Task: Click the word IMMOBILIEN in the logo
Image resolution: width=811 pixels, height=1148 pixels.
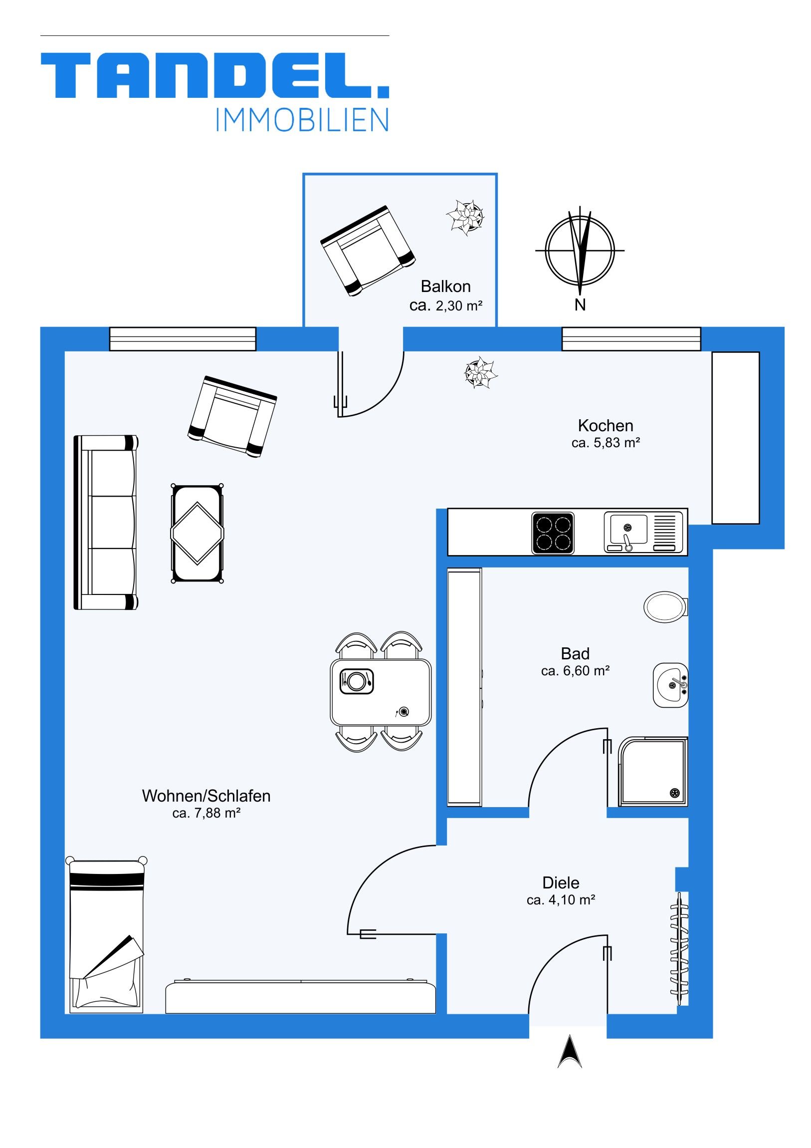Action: pyautogui.click(x=302, y=120)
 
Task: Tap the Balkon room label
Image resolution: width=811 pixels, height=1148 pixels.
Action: pyautogui.click(x=446, y=287)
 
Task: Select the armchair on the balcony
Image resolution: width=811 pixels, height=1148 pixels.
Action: pyautogui.click(x=367, y=251)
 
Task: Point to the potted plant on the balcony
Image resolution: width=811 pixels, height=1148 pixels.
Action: pyautogui.click(x=465, y=218)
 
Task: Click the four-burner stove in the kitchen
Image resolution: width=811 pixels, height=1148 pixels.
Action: pyautogui.click(x=553, y=533)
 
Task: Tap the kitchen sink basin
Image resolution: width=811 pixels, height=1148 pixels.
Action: pyautogui.click(x=626, y=529)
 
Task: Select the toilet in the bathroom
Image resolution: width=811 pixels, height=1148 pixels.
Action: pyautogui.click(x=666, y=606)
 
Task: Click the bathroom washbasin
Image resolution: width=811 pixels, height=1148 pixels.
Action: pyautogui.click(x=670, y=685)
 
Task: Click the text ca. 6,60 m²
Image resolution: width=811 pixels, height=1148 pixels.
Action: pyautogui.click(x=575, y=671)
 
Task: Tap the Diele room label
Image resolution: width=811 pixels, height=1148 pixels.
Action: pyautogui.click(x=561, y=882)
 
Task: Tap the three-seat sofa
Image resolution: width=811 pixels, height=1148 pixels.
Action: pyautogui.click(x=106, y=522)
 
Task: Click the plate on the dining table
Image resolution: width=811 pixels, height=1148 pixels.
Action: pyautogui.click(x=356, y=681)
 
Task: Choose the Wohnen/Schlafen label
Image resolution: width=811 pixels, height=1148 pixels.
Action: pyautogui.click(x=206, y=796)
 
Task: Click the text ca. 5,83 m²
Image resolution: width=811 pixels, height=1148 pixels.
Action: pyautogui.click(x=606, y=443)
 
